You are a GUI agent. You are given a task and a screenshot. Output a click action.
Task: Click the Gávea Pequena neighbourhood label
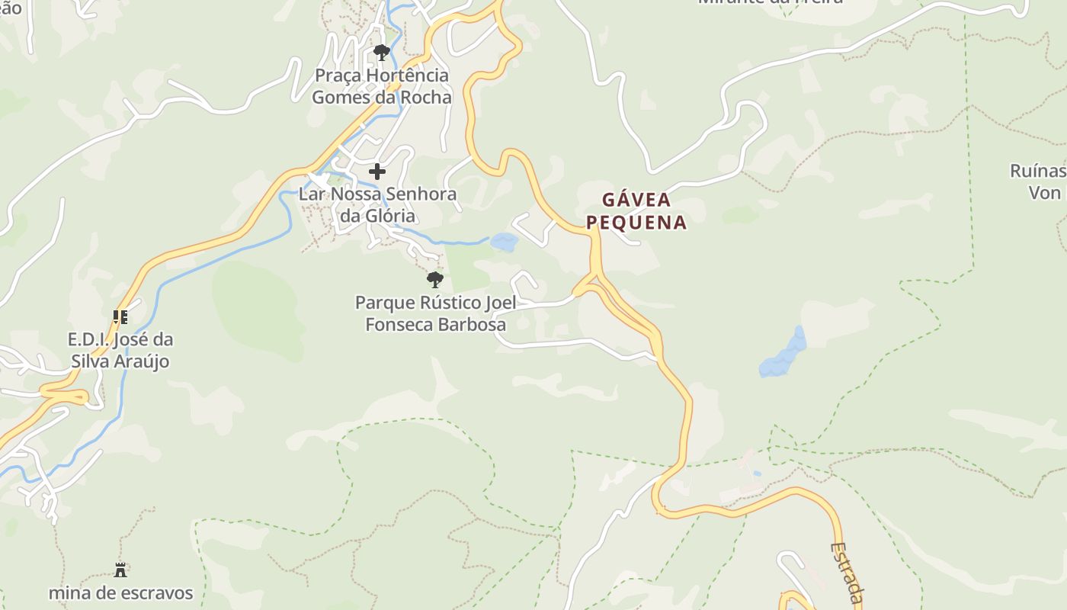[644, 210]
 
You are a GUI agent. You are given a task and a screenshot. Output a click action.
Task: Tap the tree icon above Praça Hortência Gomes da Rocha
[381, 53]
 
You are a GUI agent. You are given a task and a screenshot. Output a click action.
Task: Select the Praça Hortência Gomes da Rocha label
[381, 86]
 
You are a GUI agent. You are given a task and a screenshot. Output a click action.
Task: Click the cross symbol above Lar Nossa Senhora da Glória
[377, 172]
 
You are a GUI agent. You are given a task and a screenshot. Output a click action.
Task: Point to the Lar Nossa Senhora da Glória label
[377, 204]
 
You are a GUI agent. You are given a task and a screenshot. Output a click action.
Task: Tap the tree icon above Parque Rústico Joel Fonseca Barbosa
[434, 279]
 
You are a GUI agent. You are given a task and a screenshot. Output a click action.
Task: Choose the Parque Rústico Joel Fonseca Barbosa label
[435, 313]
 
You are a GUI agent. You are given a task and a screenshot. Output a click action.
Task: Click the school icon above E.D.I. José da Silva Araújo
[120, 316]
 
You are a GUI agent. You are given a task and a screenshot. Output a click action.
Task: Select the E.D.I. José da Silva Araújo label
[120, 350]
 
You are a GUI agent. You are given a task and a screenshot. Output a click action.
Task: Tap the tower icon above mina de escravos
[120, 570]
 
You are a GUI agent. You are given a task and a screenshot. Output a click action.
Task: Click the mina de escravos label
[120, 593]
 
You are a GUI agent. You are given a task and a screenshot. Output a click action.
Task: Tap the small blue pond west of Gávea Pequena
[504, 242]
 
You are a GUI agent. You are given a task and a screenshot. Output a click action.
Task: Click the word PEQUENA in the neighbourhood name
[644, 223]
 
